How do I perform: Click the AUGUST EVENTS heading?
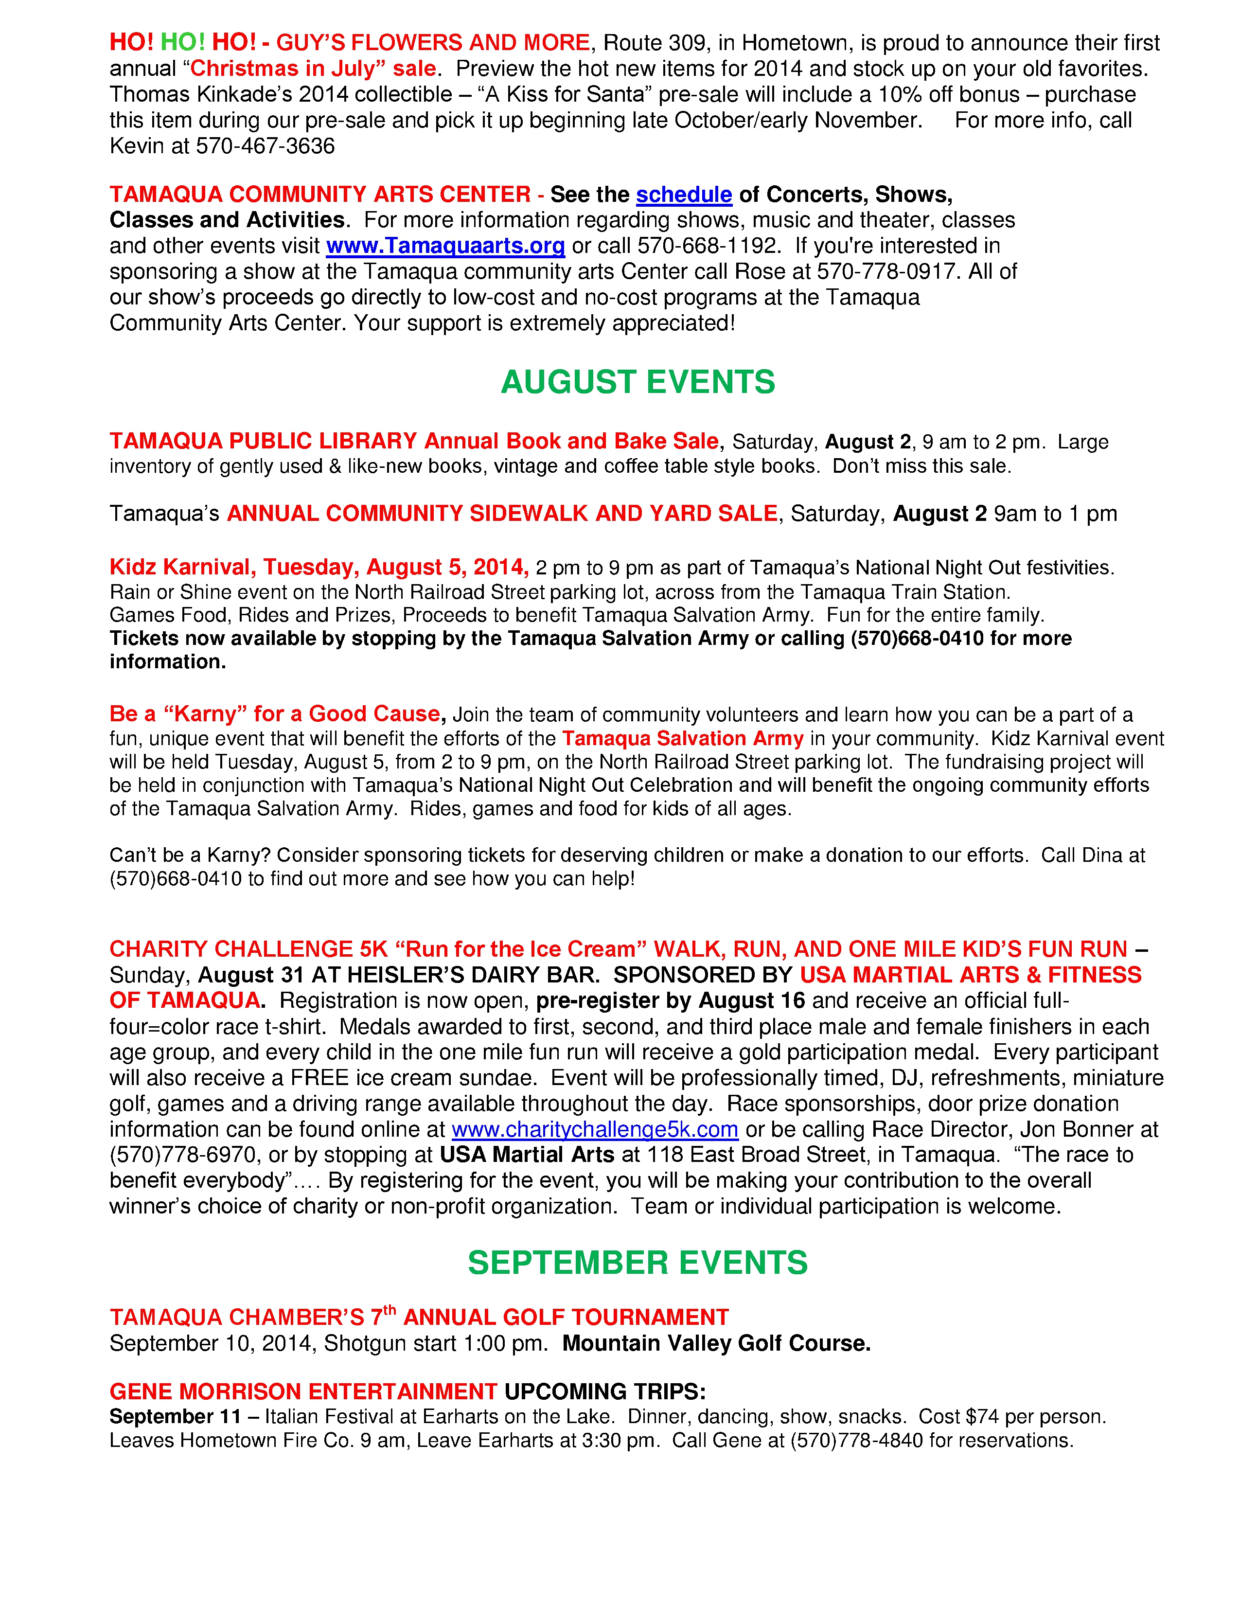[x=637, y=382]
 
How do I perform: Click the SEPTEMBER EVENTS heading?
[x=637, y=1263]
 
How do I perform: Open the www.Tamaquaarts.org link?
[x=445, y=246]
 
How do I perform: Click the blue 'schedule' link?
[x=683, y=195]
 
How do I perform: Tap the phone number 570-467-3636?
[x=265, y=146]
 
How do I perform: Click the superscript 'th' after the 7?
[x=390, y=1310]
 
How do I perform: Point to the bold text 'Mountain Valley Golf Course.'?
[x=716, y=1343]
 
